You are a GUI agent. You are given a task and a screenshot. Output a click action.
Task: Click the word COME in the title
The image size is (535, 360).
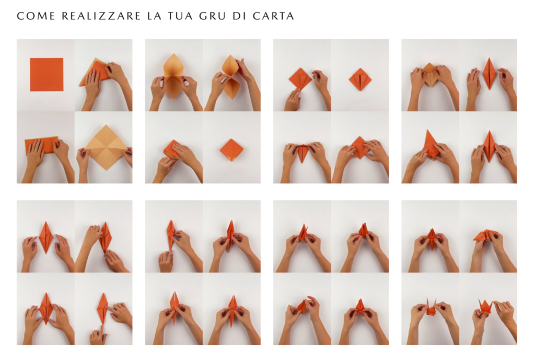(36, 16)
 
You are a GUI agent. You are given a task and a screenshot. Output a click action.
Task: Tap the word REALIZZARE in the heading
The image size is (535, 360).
(101, 16)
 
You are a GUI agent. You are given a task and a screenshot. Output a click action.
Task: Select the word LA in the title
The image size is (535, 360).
(154, 16)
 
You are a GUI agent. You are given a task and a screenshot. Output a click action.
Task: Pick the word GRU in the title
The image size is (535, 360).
(213, 16)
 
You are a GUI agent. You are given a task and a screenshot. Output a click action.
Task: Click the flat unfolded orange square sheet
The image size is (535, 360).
(46, 74)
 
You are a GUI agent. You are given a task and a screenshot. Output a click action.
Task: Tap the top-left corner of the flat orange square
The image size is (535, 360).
(30, 58)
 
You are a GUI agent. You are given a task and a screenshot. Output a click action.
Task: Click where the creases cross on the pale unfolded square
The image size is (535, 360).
(106, 147)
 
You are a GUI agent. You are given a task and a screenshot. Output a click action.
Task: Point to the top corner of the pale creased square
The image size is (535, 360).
(106, 125)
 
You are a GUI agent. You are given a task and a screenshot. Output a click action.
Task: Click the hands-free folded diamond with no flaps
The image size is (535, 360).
(231, 150)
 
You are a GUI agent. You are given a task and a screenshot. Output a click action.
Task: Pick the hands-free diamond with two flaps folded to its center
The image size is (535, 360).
(360, 79)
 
